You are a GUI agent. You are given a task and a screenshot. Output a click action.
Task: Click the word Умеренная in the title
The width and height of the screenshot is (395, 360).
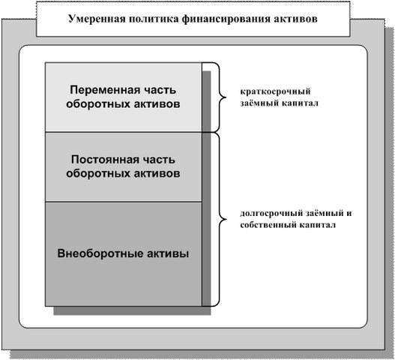pos(97,19)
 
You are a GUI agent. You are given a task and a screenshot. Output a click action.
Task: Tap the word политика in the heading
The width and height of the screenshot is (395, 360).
pos(153,19)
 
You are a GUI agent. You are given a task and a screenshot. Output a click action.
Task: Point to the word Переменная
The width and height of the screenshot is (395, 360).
pos(103,90)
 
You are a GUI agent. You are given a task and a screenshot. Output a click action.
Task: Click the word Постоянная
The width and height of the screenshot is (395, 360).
pos(101,160)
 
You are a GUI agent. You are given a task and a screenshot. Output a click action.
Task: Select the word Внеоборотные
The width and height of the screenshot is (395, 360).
pos(100,253)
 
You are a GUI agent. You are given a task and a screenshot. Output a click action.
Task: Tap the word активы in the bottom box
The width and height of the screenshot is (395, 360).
pos(168,253)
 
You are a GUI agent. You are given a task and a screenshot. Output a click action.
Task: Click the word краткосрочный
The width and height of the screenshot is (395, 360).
pos(275,91)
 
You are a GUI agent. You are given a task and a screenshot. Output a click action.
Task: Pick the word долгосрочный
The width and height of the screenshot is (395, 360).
pos(271,214)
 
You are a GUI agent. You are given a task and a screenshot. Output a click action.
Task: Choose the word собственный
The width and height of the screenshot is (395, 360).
pos(268,225)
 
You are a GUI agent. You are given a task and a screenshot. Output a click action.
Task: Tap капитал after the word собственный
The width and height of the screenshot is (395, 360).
pos(317,225)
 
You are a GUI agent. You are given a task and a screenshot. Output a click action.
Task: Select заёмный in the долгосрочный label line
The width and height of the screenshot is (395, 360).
pos(325,213)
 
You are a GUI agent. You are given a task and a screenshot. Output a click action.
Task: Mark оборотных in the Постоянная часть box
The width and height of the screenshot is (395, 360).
pos(97,174)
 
